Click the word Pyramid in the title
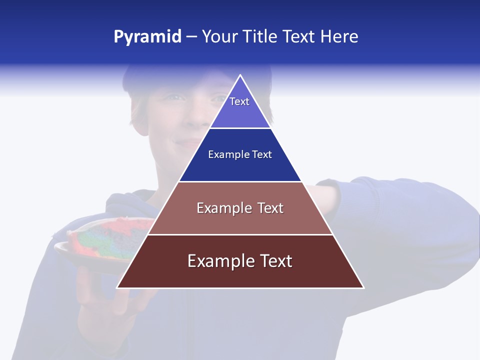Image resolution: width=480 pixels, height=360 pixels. point(147,37)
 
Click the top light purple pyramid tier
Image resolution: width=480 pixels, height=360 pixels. point(240,107)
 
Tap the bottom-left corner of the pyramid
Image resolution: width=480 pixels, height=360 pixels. point(117,287)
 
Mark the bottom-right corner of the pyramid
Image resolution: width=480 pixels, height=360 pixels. point(363,287)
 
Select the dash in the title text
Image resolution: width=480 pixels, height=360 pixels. point(191,37)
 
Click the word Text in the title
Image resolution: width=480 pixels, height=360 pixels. point(299,37)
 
